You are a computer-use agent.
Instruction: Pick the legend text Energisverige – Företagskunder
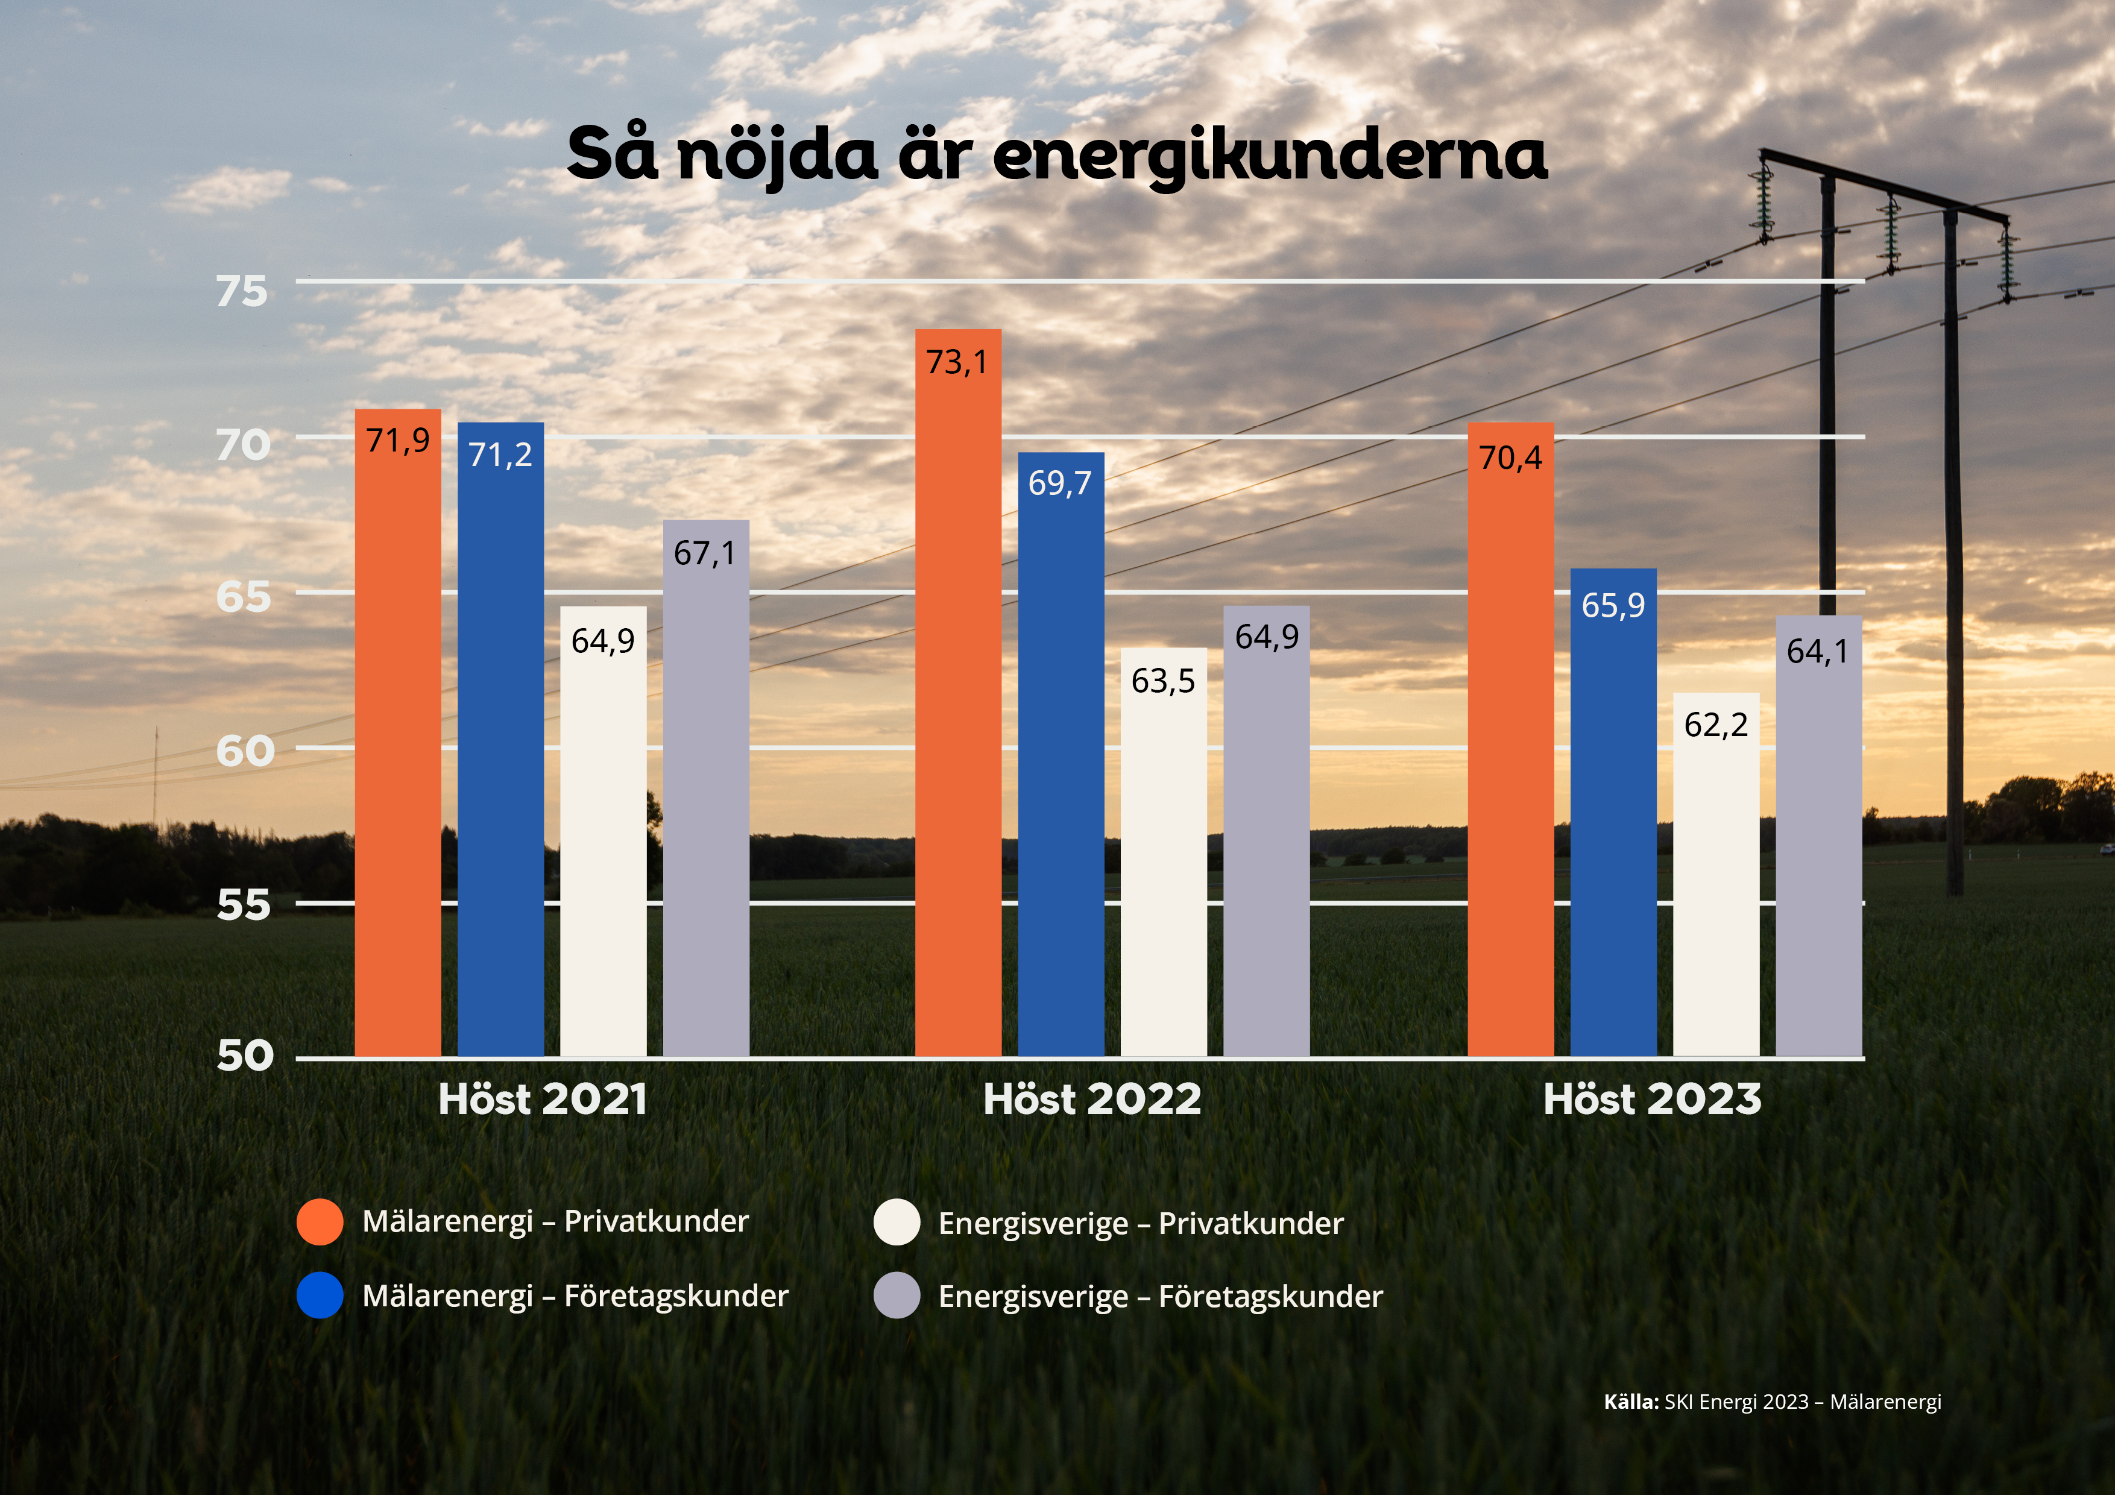click(x=1160, y=1297)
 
